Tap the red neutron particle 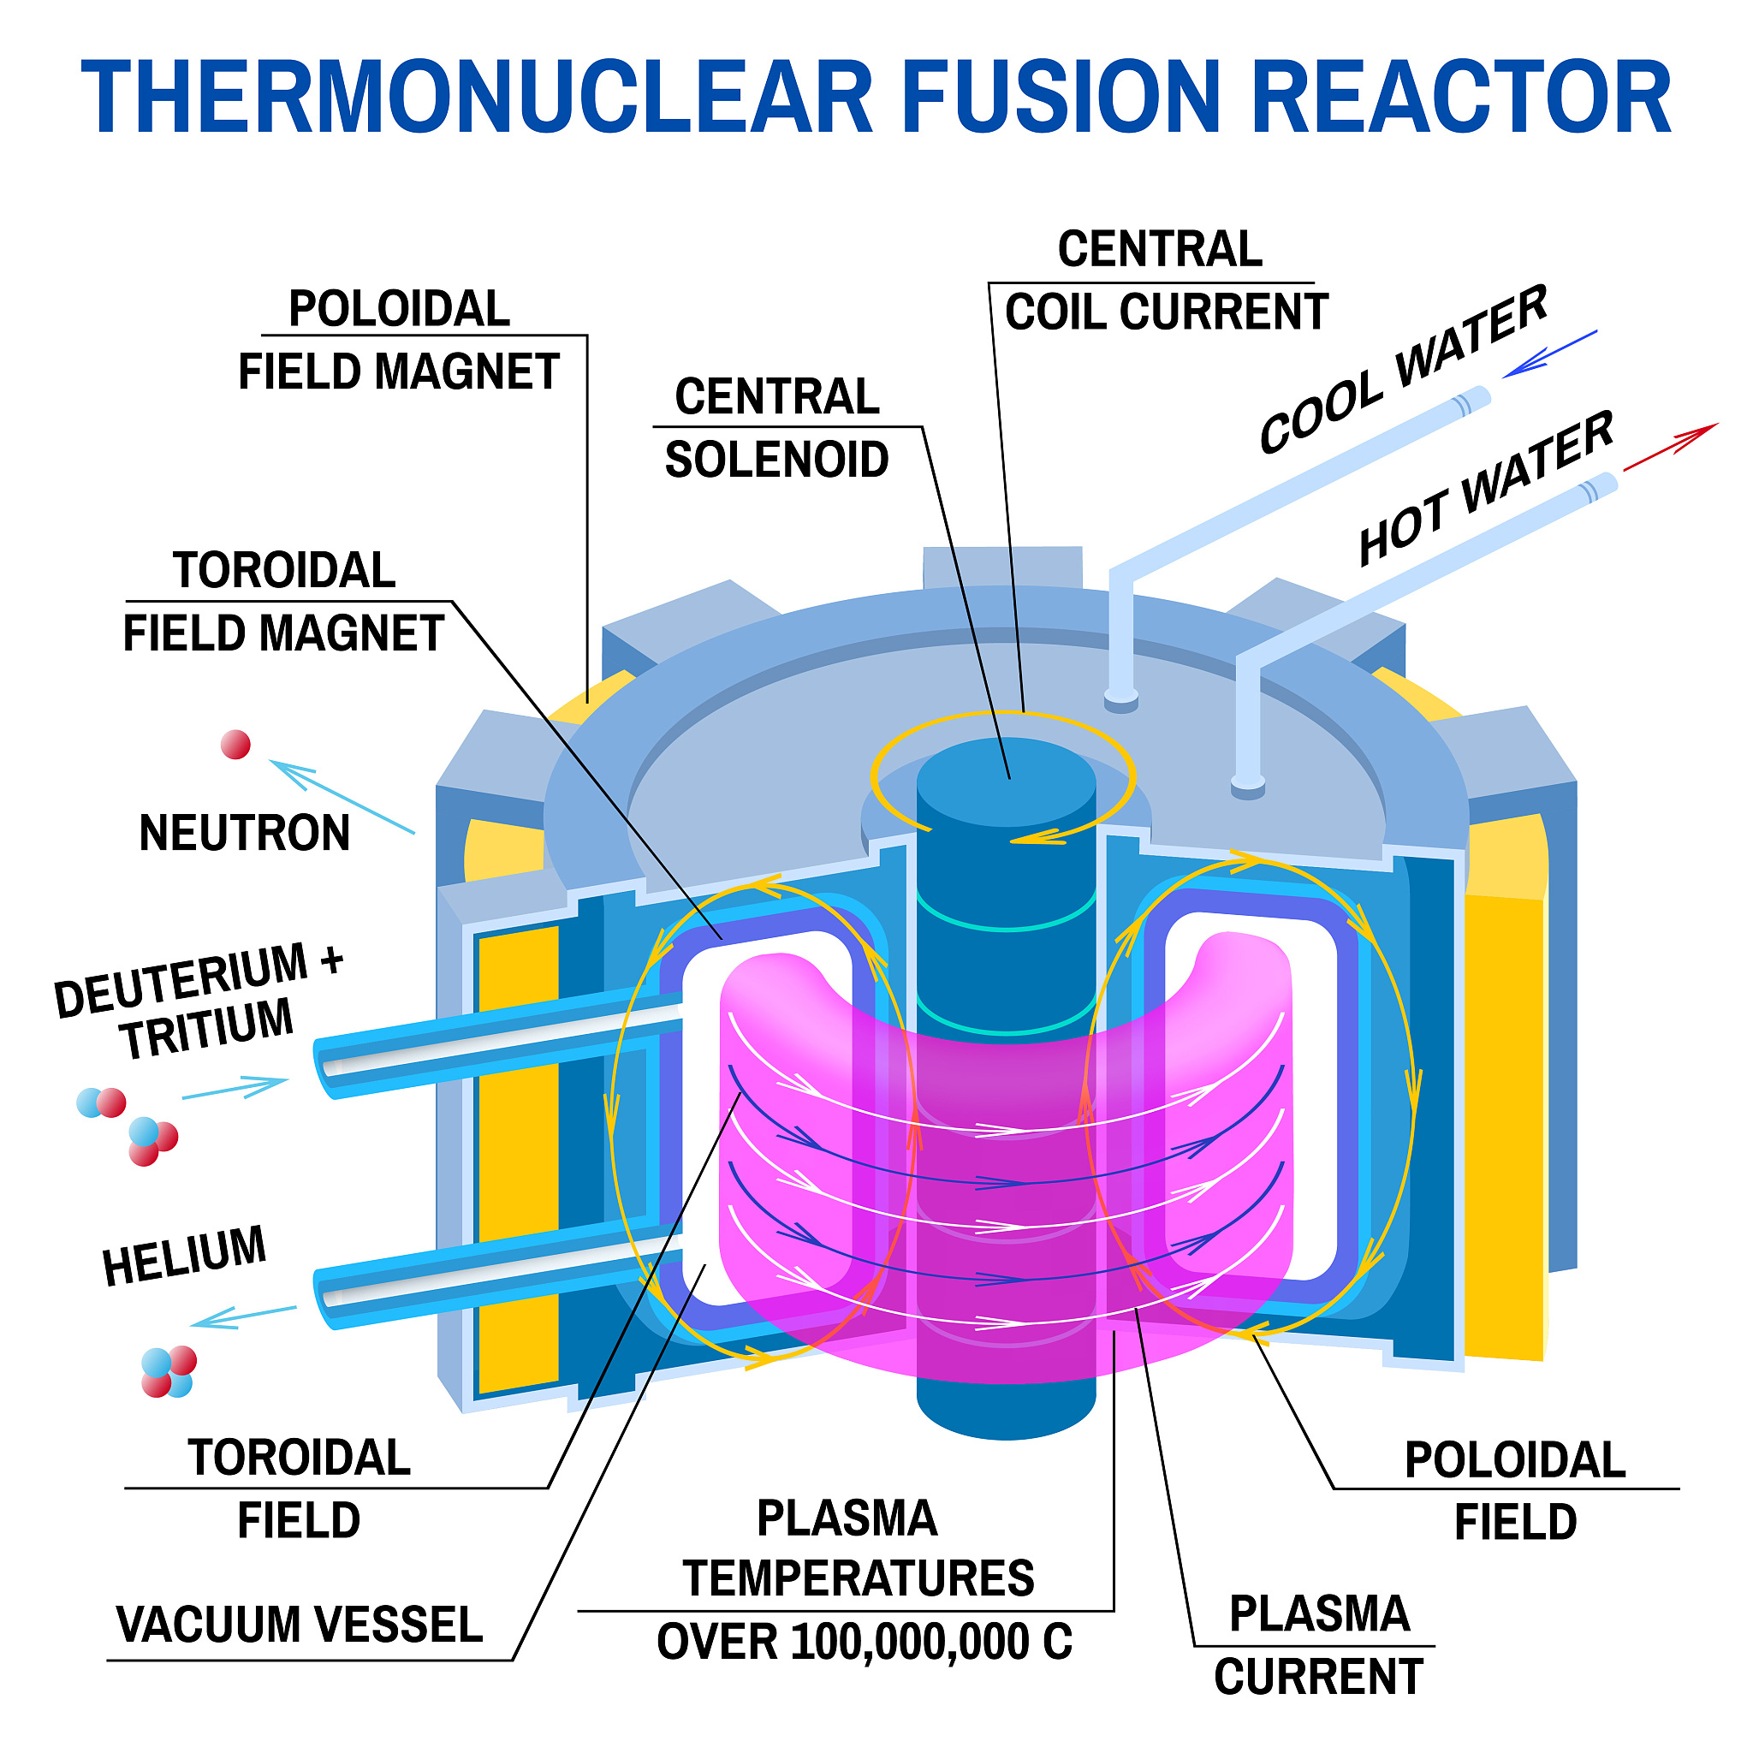(x=236, y=745)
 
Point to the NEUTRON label (x=244, y=833)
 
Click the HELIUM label (x=184, y=1256)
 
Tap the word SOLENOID (x=776, y=460)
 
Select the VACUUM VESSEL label (x=300, y=1624)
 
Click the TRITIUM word (x=208, y=1027)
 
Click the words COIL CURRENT (x=1166, y=312)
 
